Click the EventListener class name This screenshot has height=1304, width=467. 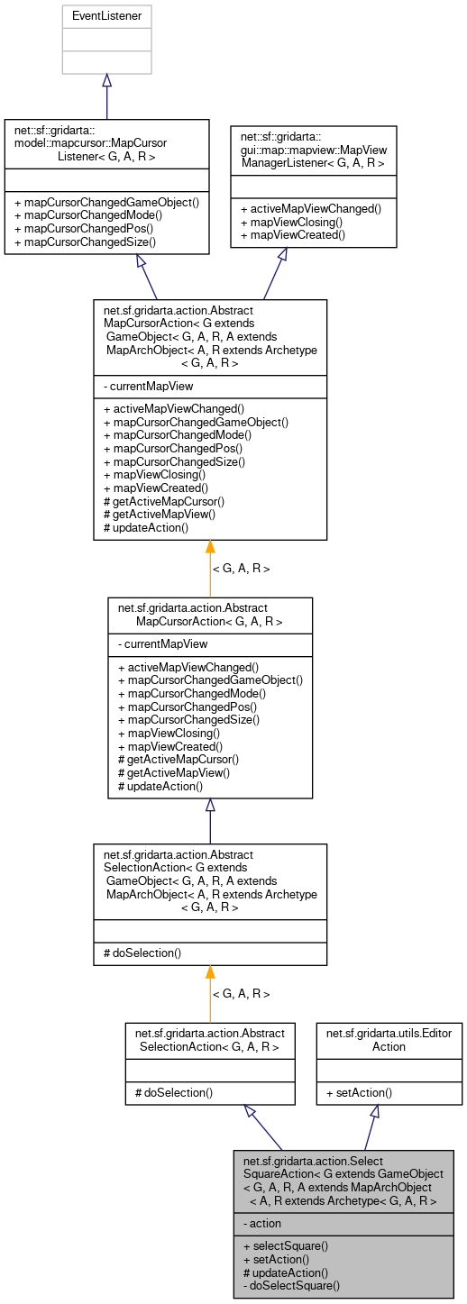tap(106, 15)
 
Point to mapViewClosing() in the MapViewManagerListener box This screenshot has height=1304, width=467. tap(290, 221)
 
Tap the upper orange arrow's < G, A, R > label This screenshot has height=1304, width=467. tap(241, 569)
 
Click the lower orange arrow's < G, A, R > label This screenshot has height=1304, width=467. tap(241, 994)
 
